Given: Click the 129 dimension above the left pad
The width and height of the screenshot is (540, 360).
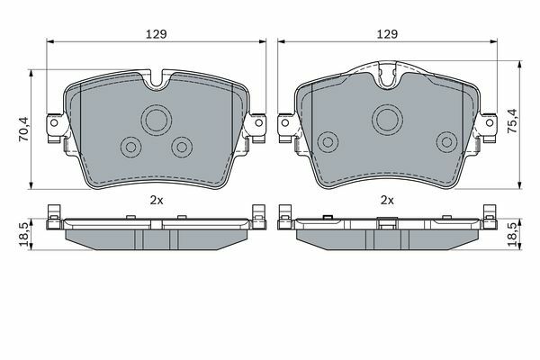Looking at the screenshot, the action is (x=157, y=34).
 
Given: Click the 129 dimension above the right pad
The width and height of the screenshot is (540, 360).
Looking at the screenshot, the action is (x=387, y=34).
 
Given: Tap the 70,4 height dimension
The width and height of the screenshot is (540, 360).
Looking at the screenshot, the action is (x=24, y=129).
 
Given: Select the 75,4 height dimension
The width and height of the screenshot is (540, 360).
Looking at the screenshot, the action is (x=512, y=121).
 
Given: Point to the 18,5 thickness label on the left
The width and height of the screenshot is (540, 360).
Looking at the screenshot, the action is (x=24, y=234).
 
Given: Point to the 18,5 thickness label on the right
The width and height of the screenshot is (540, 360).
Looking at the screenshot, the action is (x=513, y=234).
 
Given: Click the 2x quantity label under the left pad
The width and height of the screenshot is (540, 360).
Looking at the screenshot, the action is (x=157, y=200).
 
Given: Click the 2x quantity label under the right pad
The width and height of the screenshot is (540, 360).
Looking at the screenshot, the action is (x=387, y=200).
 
